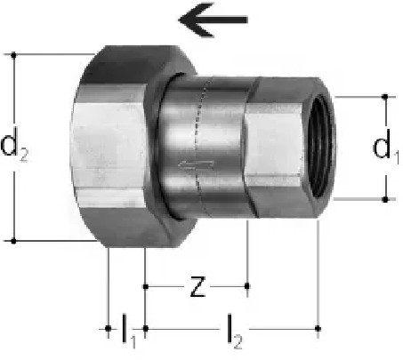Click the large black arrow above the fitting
click(213, 20)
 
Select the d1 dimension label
click(385, 147)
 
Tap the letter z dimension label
click(197, 286)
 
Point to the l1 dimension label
click(129, 331)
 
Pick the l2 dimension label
click(234, 332)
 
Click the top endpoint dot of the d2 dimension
click(13, 55)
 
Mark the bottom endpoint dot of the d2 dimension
click(13, 241)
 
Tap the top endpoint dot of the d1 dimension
click(385, 97)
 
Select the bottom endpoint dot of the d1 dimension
click(385, 199)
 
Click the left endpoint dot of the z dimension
click(146, 286)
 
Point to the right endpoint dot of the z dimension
click(247, 286)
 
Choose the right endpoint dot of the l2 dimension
click(318, 329)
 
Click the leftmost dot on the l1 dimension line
click(109, 329)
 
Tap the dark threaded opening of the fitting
click(319, 148)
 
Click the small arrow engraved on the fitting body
click(197, 164)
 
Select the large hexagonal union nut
click(133, 147)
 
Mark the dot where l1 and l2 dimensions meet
click(146, 329)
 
